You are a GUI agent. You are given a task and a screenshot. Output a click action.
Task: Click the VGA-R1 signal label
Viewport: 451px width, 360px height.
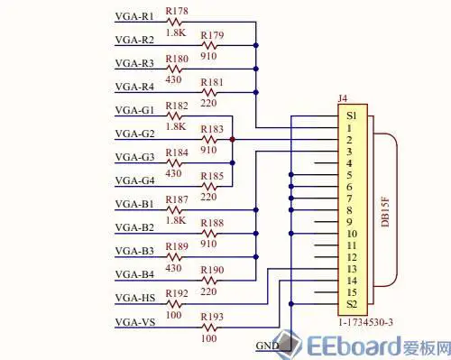134,17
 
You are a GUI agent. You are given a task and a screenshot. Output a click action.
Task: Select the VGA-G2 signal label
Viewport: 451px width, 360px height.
134,134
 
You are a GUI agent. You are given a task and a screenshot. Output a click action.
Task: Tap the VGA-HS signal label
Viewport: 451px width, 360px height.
135,298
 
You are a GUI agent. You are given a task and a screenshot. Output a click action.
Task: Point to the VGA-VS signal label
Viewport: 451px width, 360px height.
135,321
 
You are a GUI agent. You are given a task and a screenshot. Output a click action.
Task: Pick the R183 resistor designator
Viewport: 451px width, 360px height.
213,129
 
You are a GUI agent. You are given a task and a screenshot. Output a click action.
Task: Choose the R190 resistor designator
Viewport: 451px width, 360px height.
213,270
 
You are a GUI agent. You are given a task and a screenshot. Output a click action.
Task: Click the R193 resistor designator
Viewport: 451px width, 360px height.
213,317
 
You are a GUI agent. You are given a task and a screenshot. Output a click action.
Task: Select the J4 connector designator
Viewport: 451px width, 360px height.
343,106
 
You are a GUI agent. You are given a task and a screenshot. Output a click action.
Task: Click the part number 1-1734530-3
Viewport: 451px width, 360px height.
365,321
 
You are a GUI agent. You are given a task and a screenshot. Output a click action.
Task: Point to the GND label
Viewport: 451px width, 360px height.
268,346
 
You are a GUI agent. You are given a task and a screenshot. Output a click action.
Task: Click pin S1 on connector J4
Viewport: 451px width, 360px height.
352,118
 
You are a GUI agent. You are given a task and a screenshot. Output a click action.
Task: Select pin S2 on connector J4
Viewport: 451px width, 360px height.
352,303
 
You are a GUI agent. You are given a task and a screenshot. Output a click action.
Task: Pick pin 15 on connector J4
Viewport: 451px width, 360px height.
352,291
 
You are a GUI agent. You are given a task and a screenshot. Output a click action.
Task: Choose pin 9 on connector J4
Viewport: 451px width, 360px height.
350,221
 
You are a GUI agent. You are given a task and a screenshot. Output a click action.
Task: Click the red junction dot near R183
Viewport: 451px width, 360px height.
233,139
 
